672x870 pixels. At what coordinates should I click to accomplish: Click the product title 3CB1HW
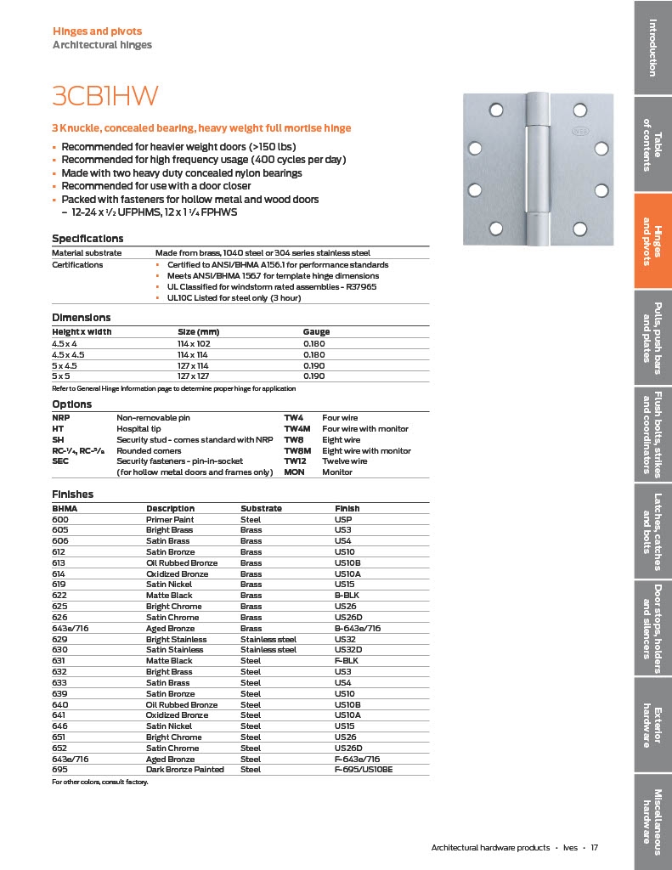106,95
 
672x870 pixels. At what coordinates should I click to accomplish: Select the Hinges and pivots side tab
652,241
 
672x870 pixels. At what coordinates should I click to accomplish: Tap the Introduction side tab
652,47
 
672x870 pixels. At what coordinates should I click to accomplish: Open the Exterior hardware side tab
652,726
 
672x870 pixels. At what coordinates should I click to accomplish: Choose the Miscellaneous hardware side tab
652,816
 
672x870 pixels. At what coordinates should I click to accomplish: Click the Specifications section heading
88,239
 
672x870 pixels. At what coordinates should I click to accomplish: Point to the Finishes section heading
73,494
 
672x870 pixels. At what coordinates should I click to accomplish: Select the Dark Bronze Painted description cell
185,770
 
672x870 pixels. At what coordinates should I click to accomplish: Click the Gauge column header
316,332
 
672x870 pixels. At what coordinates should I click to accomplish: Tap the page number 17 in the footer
596,848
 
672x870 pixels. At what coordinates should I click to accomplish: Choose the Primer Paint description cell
170,519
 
